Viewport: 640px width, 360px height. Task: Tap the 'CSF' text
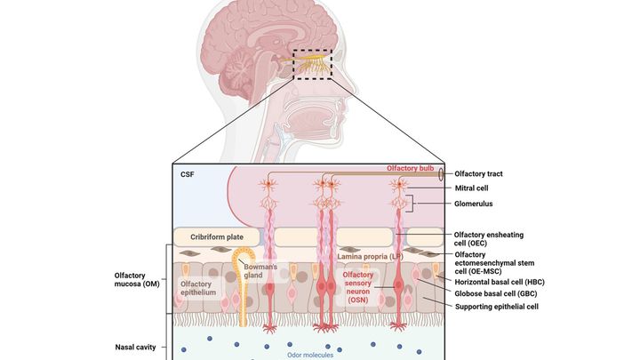[x=188, y=174]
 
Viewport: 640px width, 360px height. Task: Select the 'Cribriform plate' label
[x=217, y=237]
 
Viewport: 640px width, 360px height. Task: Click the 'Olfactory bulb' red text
[x=410, y=168]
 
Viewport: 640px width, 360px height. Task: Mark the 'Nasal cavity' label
[x=136, y=347]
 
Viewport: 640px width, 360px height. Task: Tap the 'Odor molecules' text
[x=312, y=355]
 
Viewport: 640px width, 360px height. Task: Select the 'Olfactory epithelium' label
[x=196, y=288]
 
